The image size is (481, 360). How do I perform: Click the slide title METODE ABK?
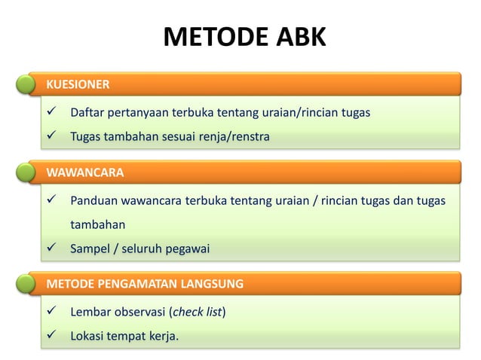[245, 37]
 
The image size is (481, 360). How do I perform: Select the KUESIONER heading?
[78, 84]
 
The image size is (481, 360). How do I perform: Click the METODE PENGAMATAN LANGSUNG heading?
[145, 284]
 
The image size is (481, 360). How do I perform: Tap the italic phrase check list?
[198, 312]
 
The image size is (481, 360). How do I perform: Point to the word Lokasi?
[87, 335]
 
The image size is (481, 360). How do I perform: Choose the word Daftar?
[87, 113]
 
